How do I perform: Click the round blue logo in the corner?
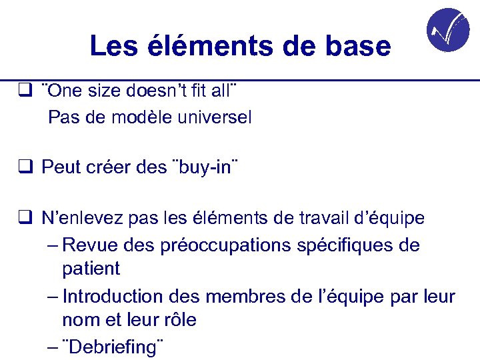[447, 30]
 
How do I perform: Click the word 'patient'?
[91, 269]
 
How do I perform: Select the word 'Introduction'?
[113, 296]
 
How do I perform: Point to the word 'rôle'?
[179, 320]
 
